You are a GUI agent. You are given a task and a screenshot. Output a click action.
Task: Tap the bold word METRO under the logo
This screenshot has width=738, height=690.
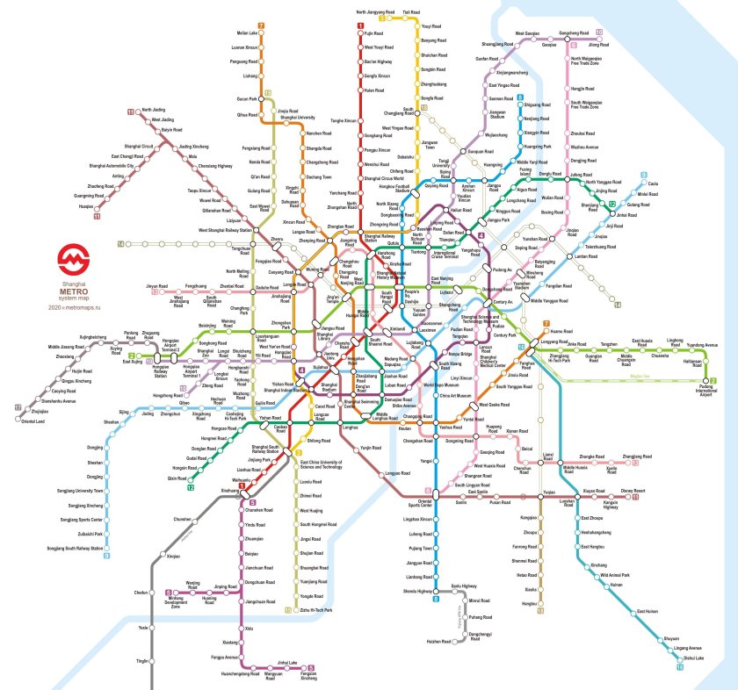73,291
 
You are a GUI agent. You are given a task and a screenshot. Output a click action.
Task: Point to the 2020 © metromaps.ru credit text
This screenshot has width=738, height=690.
73,307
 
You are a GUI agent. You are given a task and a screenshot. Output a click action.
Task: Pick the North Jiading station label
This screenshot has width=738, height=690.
154,110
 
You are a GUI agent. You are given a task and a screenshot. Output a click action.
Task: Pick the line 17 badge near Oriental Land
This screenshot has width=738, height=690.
18,408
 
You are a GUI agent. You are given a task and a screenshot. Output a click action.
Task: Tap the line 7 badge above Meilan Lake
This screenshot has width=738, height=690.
261,25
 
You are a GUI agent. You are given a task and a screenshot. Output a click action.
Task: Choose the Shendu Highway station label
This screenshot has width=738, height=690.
418,591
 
